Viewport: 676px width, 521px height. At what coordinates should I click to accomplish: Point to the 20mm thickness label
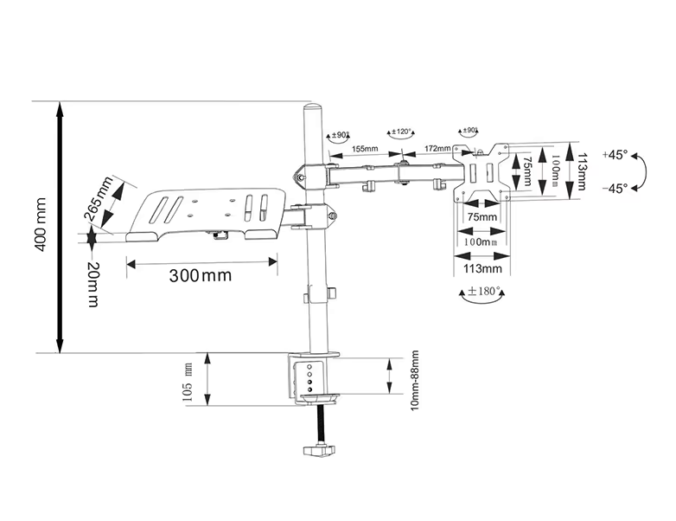[92, 283]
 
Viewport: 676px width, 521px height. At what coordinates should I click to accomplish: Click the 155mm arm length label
[364, 149]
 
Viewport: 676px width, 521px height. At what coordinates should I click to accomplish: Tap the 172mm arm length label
[436, 149]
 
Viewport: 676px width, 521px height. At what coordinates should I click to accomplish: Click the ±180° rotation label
[485, 292]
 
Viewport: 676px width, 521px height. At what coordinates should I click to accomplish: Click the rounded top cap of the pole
[311, 112]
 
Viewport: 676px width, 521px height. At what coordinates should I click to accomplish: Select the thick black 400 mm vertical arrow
[58, 227]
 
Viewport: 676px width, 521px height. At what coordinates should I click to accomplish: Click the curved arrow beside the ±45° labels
[641, 172]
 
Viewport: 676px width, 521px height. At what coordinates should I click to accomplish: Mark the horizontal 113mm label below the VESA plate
[481, 268]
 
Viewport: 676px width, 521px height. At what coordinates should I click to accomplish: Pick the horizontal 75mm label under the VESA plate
[481, 216]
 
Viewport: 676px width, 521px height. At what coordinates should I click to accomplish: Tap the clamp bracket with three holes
[309, 377]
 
